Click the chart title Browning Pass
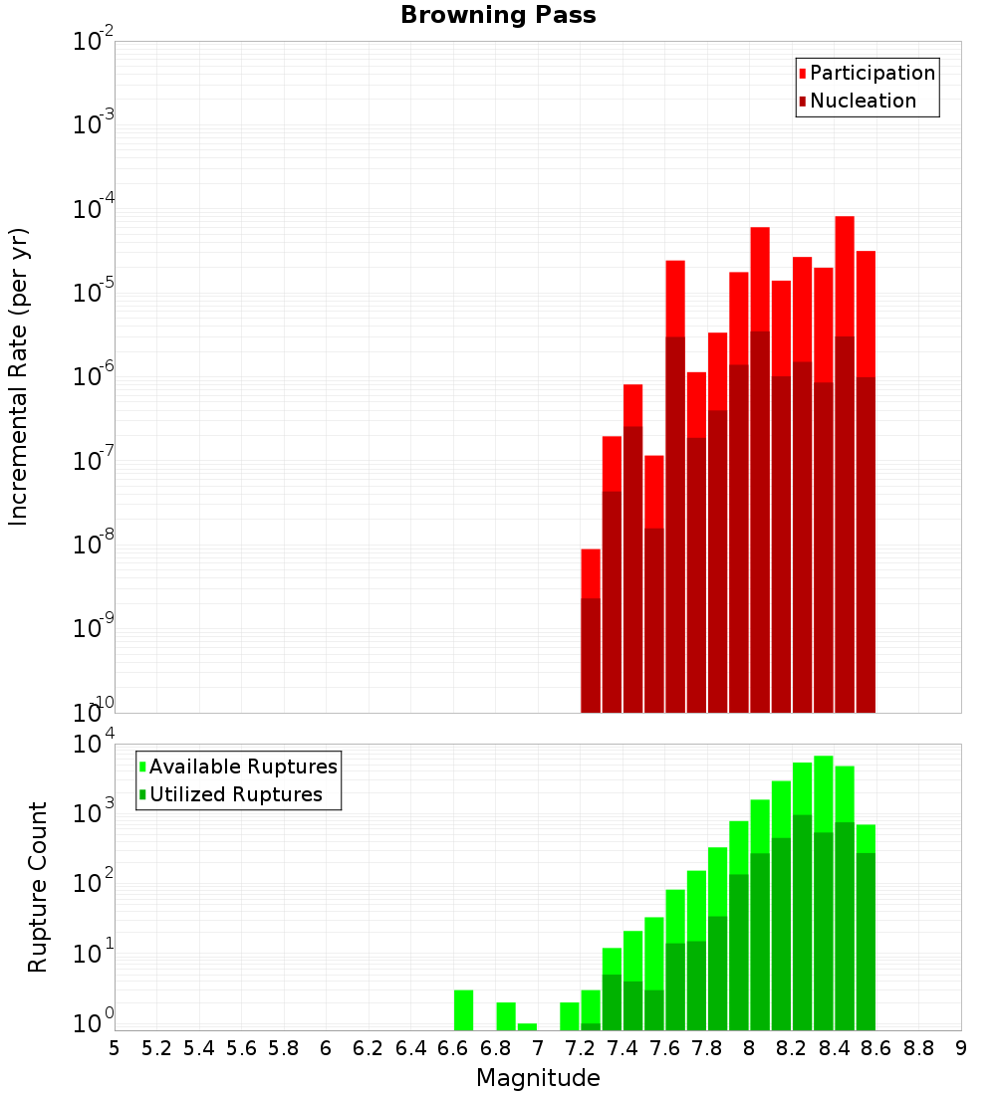[498, 15]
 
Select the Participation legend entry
[871, 73]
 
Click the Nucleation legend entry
[862, 101]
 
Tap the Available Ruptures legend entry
[242, 766]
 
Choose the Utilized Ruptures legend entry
[235, 794]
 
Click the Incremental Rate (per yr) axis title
[18, 376]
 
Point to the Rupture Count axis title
[38, 887]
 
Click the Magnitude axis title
[538, 1078]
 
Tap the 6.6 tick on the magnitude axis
[453, 1048]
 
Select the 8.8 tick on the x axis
[918, 1048]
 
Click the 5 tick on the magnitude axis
[115, 1048]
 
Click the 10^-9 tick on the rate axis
[94, 630]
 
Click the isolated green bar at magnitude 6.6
[463, 1009]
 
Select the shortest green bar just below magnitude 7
[527, 1026]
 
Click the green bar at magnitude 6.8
[506, 1015]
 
